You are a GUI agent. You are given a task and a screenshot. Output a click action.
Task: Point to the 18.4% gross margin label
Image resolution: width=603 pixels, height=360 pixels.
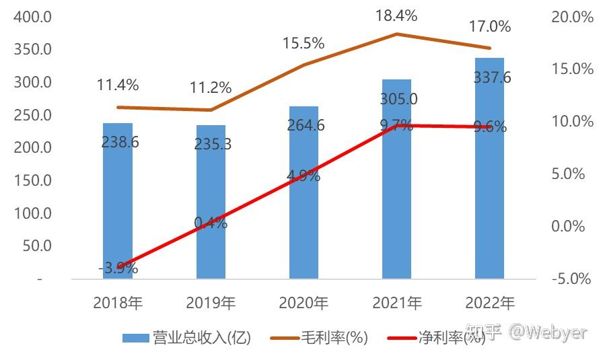click(x=396, y=15)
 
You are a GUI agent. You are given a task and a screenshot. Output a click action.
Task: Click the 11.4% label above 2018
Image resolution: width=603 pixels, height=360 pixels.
click(x=118, y=85)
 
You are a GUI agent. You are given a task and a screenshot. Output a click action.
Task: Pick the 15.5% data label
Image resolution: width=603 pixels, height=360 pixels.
click(x=304, y=44)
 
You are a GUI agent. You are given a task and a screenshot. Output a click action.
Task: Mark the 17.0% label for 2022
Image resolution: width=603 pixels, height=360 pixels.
click(x=489, y=27)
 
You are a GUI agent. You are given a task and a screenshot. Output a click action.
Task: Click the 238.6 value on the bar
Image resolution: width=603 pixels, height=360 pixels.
click(x=118, y=142)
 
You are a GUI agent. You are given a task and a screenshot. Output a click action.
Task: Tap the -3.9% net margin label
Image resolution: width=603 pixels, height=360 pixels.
click(x=118, y=268)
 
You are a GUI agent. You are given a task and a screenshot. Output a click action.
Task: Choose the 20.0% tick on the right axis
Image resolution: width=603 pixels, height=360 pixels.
click(x=572, y=17)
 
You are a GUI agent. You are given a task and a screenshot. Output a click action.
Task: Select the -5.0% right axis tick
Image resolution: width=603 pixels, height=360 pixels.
click(x=572, y=279)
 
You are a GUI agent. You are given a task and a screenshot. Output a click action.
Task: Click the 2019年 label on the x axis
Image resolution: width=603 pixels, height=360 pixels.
click(x=211, y=303)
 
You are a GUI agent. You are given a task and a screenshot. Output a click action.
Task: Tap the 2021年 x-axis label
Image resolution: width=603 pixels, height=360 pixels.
click(x=396, y=303)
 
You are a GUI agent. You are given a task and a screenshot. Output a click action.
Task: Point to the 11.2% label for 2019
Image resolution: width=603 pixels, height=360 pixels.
click(x=211, y=87)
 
